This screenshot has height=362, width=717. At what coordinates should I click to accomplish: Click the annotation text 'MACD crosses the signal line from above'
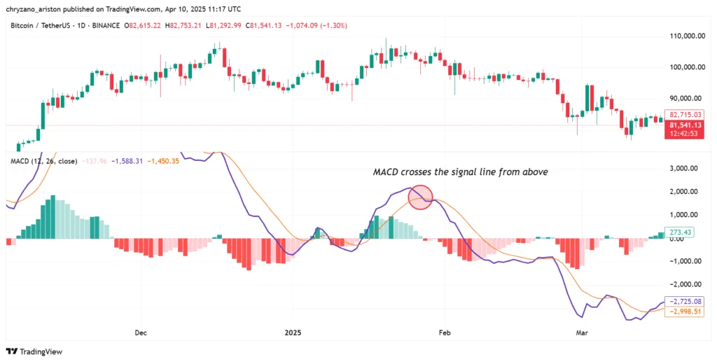(x=460, y=172)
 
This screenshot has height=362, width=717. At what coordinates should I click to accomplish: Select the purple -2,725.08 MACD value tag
(x=684, y=301)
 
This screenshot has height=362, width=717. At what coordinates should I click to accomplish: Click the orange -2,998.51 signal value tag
(x=684, y=312)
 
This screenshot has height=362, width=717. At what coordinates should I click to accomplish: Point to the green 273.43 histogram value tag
(x=680, y=232)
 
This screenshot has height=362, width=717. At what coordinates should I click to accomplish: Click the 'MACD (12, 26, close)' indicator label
(x=43, y=161)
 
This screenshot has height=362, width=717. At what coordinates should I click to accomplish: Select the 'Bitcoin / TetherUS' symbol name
(x=41, y=25)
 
